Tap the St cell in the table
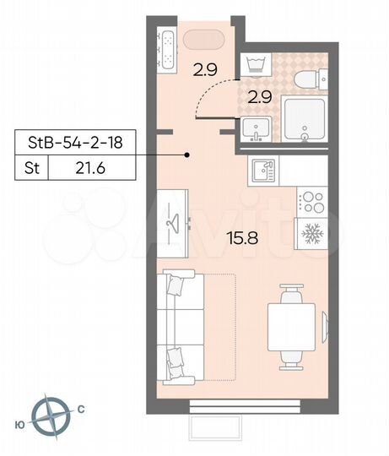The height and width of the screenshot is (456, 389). [31, 169]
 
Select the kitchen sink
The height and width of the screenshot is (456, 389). [263, 171]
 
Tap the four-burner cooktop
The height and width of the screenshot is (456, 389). [311, 202]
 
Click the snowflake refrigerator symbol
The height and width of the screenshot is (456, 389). [311, 233]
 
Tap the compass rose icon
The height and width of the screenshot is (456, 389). [52, 415]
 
